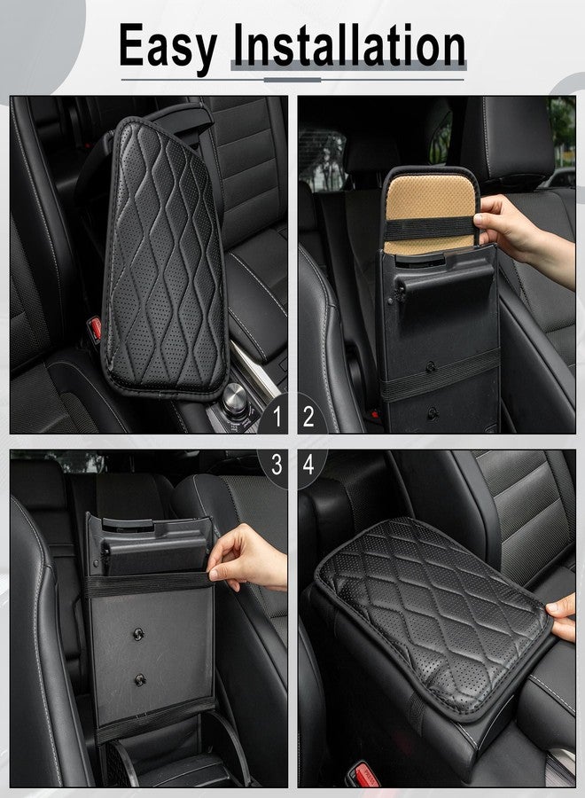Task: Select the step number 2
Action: tap(308, 416)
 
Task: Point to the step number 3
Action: tap(276, 465)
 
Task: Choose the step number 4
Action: tap(308, 465)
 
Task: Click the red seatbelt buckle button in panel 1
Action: tap(94, 329)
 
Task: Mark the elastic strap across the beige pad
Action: tap(430, 228)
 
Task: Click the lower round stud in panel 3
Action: tap(140, 679)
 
